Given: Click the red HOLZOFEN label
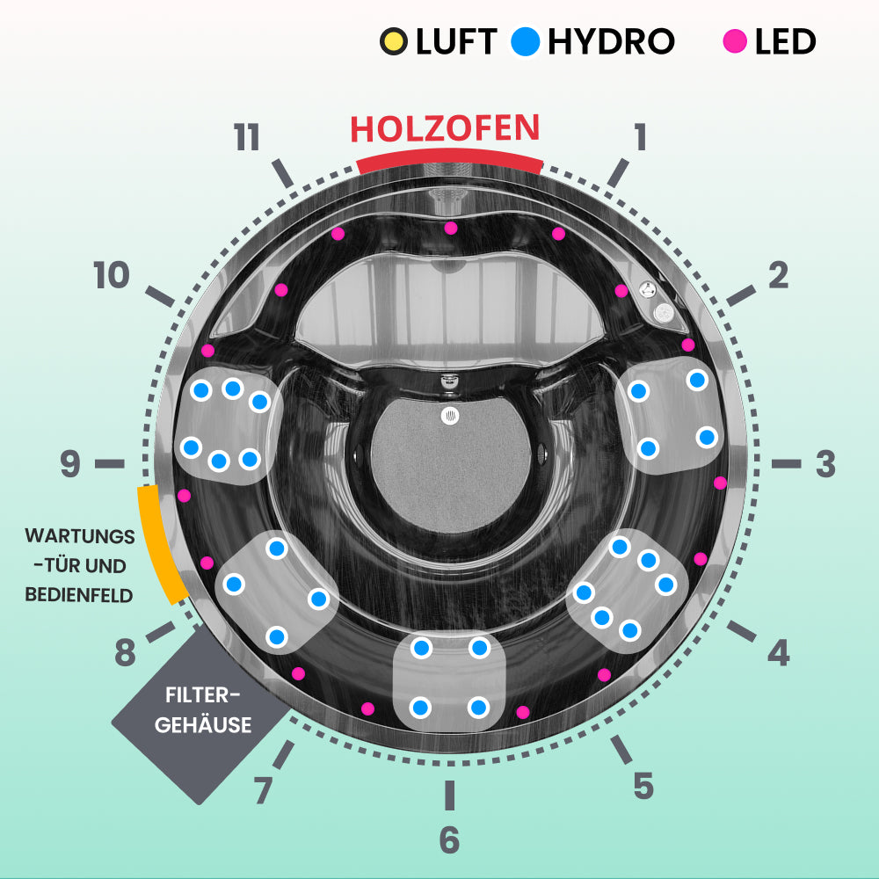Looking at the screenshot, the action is pos(445,128).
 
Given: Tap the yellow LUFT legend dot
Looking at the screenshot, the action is pos(394,41).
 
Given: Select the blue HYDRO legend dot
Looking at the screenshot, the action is pos(526,41).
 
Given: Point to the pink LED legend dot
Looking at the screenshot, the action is pos(735,41).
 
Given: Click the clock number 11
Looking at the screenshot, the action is pos(247,137).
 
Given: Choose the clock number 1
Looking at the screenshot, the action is pos(640,137).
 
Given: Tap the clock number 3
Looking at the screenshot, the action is pos(825,464).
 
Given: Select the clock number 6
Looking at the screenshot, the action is pos(449,839).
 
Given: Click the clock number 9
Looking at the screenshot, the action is pos(70,464).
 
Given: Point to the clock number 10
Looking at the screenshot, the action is pos(112,276).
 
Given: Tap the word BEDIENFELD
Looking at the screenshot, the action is pos(79,595).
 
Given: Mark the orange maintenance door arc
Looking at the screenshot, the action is pos(161,545).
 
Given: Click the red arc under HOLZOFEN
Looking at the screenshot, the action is pos(449,161).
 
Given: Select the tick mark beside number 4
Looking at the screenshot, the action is pos(742,631).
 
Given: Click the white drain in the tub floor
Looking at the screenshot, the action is pos(449,416).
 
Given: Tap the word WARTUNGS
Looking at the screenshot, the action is pos(80,536).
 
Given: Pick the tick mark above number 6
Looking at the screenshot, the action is pos(449,795).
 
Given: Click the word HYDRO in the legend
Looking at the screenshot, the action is pos(611,41).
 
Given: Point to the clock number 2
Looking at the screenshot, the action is pos(778,276).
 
